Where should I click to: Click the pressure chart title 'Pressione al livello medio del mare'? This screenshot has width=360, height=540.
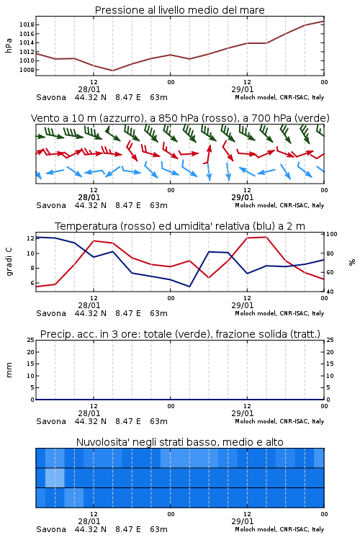pyautogui.click(x=179, y=10)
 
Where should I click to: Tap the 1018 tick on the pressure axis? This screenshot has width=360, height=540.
pyautogui.click(x=27, y=24)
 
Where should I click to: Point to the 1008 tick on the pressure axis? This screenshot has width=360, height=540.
pyautogui.click(x=27, y=70)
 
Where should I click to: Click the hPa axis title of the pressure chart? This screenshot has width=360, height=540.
pyautogui.click(x=9, y=45)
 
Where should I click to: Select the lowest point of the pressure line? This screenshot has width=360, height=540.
pyautogui.click(x=112, y=71)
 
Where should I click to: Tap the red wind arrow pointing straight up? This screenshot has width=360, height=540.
pyautogui.click(x=208, y=154)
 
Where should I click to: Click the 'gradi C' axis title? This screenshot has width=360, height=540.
pyautogui.click(x=9, y=261)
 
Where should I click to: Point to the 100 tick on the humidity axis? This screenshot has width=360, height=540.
pyautogui.click(x=332, y=234)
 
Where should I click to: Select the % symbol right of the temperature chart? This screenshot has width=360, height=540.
pyautogui.click(x=352, y=262)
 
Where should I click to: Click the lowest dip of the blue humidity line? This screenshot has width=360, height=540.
pyautogui.click(x=189, y=287)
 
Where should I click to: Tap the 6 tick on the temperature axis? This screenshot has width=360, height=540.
pyautogui.click(x=32, y=283)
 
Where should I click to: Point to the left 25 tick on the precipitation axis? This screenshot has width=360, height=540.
pyautogui.click(x=31, y=340)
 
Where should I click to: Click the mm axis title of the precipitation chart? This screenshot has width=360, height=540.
pyautogui.click(x=9, y=370)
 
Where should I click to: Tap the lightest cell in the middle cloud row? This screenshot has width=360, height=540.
pyautogui.click(x=55, y=477)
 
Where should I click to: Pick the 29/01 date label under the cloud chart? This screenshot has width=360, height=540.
pyautogui.click(x=243, y=521)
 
